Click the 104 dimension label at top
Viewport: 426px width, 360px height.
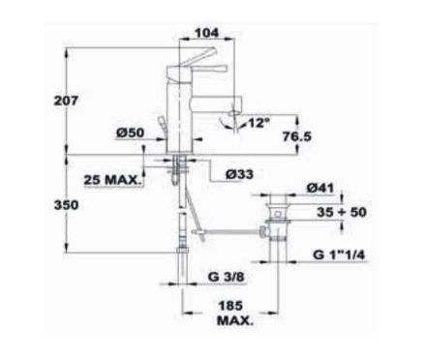coord(207,33)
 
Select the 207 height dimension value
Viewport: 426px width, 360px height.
coord(66,101)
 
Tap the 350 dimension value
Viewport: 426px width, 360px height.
coord(66,205)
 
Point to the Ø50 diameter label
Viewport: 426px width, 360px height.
coord(130,133)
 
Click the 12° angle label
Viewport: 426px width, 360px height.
coord(259,123)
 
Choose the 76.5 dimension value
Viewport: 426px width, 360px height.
coord(297,136)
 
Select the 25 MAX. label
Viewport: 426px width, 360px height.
coord(112,180)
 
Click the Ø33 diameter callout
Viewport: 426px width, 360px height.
coord(239,174)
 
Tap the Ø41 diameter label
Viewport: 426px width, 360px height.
coord(320,188)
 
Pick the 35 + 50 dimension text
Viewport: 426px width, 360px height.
coord(342,212)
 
